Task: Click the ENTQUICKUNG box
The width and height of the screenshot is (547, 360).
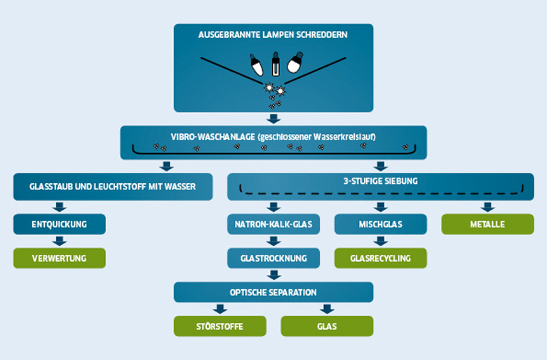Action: [60, 225]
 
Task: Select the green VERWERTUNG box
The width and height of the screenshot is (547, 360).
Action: [60, 258]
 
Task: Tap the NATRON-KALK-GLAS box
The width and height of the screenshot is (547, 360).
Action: [273, 225]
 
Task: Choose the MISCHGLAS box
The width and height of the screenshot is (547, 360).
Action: [380, 225]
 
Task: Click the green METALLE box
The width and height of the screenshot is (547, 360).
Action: [487, 225]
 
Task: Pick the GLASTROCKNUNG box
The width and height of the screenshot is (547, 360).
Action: [273, 258]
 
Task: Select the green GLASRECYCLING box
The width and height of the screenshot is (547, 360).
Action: [380, 258]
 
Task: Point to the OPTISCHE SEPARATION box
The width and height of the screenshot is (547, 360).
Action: [273, 292]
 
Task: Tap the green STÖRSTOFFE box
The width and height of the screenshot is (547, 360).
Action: [220, 326]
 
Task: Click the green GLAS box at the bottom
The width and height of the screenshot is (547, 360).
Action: [327, 326]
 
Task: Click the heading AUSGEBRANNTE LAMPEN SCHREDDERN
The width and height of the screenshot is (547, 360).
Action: [273, 34]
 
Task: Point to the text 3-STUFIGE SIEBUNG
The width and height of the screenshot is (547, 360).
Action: [380, 181]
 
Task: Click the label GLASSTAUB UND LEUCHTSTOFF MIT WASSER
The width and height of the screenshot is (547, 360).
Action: [112, 187]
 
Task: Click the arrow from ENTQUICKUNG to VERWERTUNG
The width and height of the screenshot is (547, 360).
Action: [60, 241]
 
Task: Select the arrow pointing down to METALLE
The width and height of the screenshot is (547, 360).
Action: [487, 207]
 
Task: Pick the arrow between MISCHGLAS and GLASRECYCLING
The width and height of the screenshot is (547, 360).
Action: [380, 241]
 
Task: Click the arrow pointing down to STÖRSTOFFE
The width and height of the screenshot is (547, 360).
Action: [220, 309]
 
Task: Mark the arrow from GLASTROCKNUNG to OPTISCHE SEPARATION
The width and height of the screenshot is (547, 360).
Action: [273, 275]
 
